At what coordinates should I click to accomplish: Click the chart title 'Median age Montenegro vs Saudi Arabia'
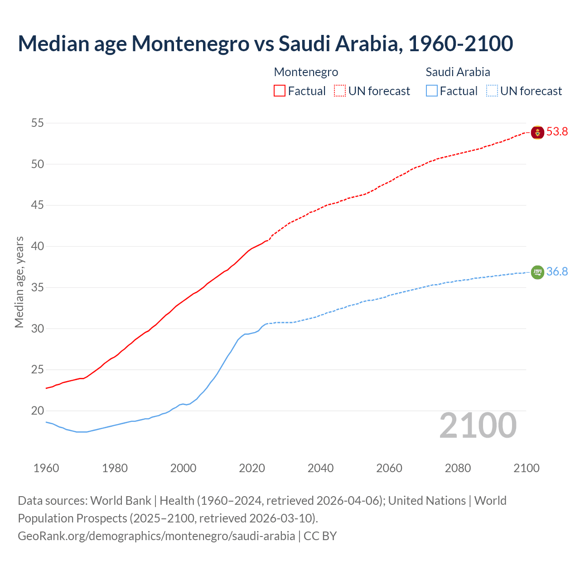(265, 43)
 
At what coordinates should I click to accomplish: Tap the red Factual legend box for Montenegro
(280, 91)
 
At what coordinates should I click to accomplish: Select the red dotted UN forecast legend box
(340, 91)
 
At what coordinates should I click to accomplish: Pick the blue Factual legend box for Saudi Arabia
(432, 91)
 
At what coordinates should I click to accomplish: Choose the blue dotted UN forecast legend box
(492, 91)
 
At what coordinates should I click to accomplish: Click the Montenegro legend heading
(306, 72)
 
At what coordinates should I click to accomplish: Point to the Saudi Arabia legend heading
(458, 72)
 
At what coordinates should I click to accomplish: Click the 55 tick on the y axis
(38, 123)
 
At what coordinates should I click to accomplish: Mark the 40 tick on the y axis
(38, 246)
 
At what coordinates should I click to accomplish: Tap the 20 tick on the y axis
(38, 411)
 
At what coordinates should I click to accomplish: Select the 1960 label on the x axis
(46, 468)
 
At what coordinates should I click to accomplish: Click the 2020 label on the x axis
(252, 468)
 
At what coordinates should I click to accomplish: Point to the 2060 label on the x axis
(389, 468)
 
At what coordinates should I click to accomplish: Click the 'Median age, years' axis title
(19, 282)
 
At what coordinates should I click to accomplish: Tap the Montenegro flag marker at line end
(537, 132)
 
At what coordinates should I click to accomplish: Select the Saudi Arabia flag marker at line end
(537, 272)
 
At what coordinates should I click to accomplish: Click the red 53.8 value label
(557, 132)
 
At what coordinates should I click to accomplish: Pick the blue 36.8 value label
(557, 271)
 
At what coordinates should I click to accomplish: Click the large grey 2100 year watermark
(478, 425)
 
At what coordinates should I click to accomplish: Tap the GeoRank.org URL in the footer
(156, 536)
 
